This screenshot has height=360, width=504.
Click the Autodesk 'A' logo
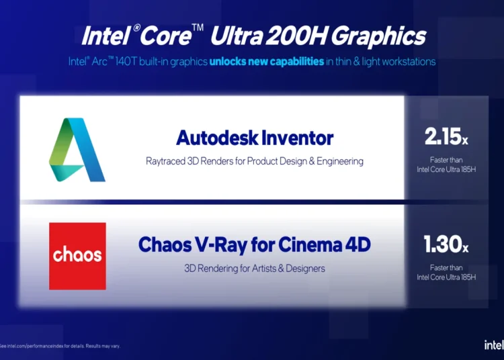coord(77,150)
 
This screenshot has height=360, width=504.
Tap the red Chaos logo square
coord(77,256)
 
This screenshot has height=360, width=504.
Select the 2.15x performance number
coord(446,136)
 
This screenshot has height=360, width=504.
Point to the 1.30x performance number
coord(446,244)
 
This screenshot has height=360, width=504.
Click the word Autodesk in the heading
coord(217,138)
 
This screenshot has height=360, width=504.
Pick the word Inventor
coord(298,138)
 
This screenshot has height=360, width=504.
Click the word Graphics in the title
coord(378,36)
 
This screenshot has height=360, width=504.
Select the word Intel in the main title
coord(106,36)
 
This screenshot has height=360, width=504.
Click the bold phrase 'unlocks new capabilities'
coord(267,61)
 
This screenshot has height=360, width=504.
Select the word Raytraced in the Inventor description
coord(165,161)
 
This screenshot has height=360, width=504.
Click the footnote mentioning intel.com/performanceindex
coord(60,346)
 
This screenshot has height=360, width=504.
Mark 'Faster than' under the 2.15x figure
coord(446,160)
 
